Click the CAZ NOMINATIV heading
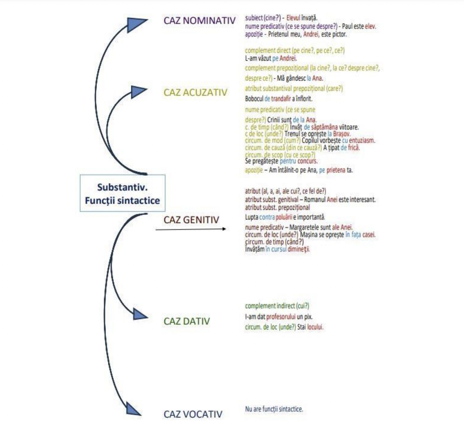tap(199, 20)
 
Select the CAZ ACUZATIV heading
tap(195, 92)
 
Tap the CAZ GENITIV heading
tap(191, 220)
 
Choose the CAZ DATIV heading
tap(187, 321)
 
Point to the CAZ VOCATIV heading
tap(193, 414)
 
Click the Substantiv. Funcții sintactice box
tap(122, 193)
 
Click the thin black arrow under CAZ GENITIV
tap(191, 229)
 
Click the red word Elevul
tap(293, 18)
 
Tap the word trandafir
tap(281, 98)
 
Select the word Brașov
tap(342, 134)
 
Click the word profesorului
tap(281, 317)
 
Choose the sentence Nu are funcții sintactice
tap(274, 409)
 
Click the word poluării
tap(284, 217)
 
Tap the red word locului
tap(315, 327)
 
